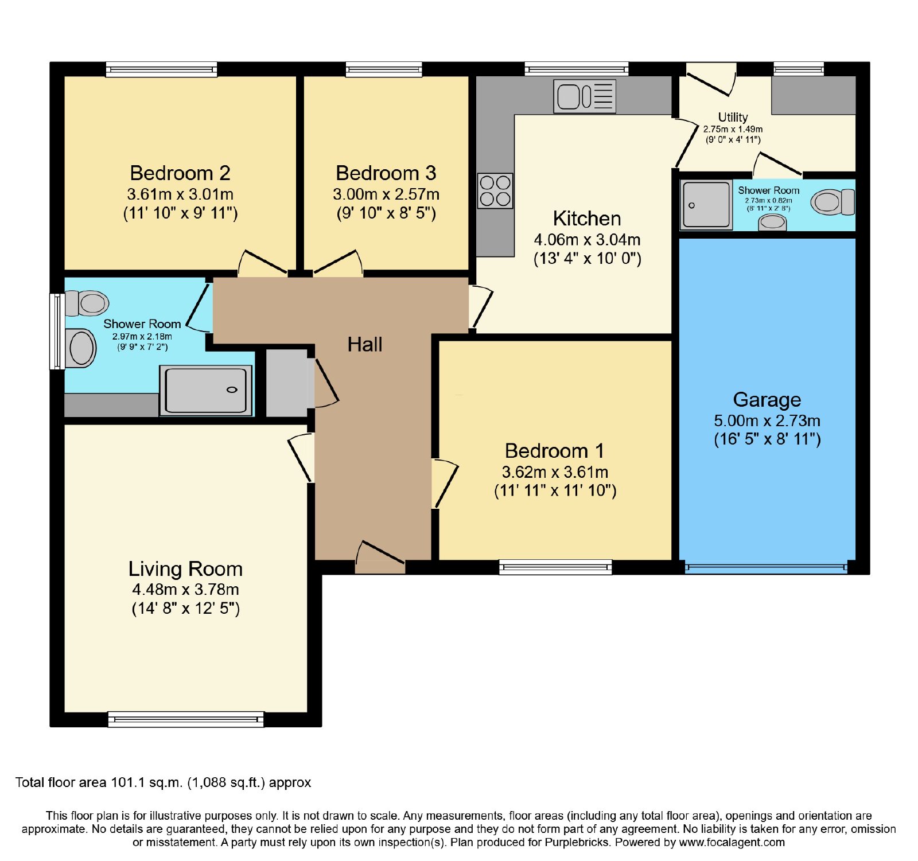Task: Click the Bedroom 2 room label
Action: pyautogui.click(x=180, y=173)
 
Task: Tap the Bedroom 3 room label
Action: pyautogui.click(x=386, y=173)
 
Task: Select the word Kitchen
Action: pyautogui.click(x=587, y=219)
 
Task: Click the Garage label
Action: pyautogui.click(x=767, y=400)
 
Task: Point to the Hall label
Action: pyautogui.click(x=365, y=344)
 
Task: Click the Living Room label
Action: pyautogui.click(x=185, y=569)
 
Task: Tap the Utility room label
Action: pyautogui.click(x=733, y=118)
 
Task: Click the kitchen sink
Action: pyautogui.click(x=585, y=96)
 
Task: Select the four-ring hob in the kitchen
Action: pyautogui.click(x=495, y=191)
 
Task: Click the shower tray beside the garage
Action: pyautogui.click(x=706, y=205)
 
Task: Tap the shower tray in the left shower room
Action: pyautogui.click(x=206, y=391)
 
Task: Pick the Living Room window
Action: pyautogui.click(x=186, y=719)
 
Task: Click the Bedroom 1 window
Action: pyautogui.click(x=555, y=567)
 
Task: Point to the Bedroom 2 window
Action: pyautogui.click(x=162, y=69)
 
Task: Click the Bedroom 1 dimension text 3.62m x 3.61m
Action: pyautogui.click(x=555, y=472)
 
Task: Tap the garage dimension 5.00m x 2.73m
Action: pyautogui.click(x=767, y=420)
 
